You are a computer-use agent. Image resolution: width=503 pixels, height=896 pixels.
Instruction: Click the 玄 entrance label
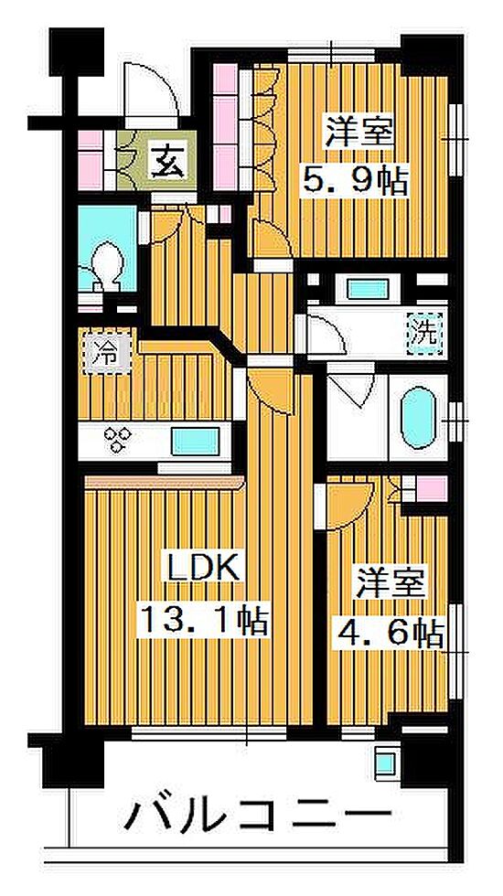coord(168,161)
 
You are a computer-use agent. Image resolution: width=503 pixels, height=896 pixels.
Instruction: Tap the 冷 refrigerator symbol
coord(107,357)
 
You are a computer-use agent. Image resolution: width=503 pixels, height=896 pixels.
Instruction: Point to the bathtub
coord(419,417)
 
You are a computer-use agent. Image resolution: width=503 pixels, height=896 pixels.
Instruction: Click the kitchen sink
coord(195,442)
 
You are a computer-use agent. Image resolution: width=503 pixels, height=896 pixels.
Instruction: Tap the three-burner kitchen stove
coord(117,441)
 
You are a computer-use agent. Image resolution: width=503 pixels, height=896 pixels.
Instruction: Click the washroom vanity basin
coord(368,288)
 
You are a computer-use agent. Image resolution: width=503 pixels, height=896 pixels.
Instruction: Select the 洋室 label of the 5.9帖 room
coord(359,132)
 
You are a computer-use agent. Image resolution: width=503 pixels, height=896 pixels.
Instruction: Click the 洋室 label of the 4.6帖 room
coord(391,581)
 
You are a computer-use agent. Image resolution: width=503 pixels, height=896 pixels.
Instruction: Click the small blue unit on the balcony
coord(385,761)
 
